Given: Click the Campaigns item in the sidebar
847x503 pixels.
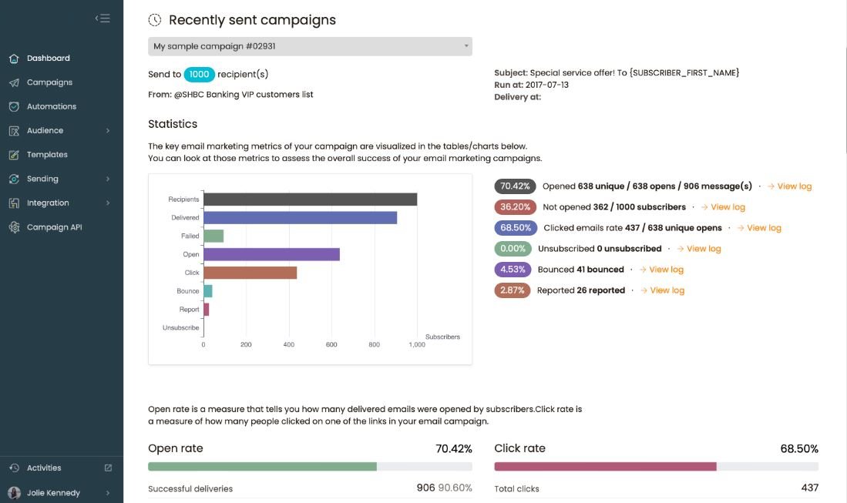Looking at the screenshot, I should point(49,82).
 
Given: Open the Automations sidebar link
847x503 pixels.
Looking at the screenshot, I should point(51,106).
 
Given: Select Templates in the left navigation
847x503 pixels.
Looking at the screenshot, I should point(47,155).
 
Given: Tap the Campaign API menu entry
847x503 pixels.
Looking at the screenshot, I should point(54,227).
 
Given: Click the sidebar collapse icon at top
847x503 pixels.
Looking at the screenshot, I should point(103,18).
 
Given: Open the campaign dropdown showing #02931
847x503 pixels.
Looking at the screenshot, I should point(310,46).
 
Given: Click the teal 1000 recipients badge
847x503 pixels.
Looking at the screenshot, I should point(200,75).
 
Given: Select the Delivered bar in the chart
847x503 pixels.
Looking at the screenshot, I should point(300,218).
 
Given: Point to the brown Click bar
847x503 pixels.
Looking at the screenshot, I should point(250,273).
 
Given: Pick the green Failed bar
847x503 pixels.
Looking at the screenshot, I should point(213,236).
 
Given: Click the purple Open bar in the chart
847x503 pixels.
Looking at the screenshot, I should point(271,254).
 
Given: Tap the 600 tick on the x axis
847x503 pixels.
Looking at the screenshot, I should point(331,344).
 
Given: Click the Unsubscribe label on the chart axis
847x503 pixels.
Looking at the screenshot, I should point(180,328).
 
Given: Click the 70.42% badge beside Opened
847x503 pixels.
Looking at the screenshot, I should point(515,186).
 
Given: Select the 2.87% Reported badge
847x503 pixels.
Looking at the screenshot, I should point(512,290).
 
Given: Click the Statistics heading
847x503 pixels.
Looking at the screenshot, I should point(173,124).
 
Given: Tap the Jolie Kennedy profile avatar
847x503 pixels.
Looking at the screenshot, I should point(14,493).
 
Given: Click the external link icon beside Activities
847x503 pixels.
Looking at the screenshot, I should point(108,468).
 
